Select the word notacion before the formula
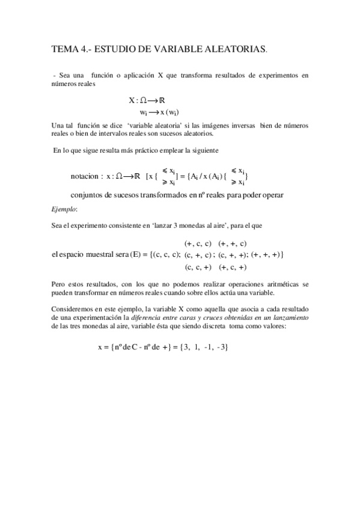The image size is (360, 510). click(87, 176)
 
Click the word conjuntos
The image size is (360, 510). click(90, 195)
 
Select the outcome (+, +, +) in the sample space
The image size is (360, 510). click(266, 255)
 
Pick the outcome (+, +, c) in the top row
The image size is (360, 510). click(232, 244)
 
